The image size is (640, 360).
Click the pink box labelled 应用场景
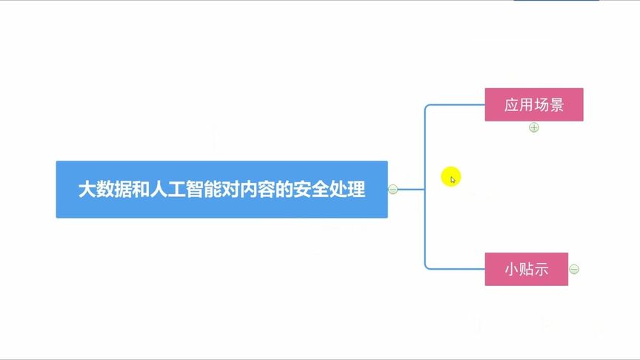(534, 104)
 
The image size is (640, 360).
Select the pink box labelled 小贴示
(526, 269)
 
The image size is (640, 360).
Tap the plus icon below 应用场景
(534, 127)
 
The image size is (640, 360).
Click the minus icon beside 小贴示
(574, 269)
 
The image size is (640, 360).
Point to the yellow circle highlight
(451, 177)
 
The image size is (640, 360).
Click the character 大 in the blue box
(87, 190)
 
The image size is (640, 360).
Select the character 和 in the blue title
(141, 190)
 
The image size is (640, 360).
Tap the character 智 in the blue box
(195, 190)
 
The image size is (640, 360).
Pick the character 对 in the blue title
(230, 190)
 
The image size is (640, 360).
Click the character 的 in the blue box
(284, 190)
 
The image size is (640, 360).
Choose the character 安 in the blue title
(302, 190)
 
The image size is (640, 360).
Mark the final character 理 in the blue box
(356, 190)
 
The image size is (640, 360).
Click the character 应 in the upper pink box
(512, 105)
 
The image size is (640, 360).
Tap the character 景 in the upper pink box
(557, 105)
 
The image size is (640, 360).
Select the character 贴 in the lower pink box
(527, 270)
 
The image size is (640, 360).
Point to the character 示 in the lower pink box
(541, 270)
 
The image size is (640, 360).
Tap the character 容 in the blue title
(267, 190)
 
